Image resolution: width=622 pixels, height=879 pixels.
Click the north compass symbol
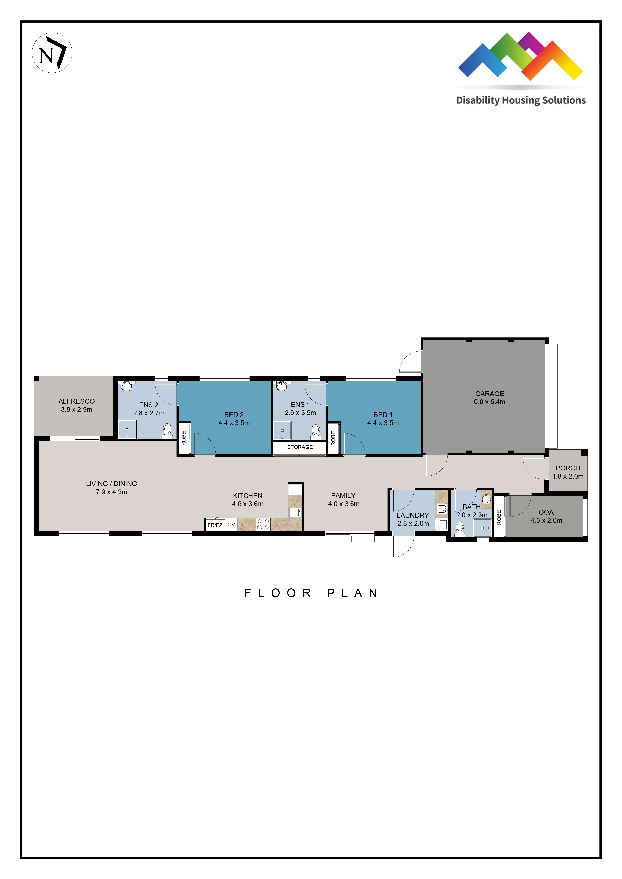(x=52, y=53)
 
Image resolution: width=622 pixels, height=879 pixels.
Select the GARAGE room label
(x=490, y=394)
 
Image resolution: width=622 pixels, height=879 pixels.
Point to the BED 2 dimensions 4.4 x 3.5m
(x=234, y=423)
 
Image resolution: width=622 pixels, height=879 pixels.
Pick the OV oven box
(x=231, y=524)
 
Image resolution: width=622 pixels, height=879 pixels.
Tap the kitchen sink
(x=295, y=512)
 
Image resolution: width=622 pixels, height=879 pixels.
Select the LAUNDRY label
(x=412, y=515)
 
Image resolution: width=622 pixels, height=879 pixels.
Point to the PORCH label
(x=568, y=468)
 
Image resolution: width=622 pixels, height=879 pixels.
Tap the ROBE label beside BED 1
(x=333, y=438)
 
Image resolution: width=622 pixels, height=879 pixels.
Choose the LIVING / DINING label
(x=112, y=484)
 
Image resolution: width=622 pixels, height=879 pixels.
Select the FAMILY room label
(x=343, y=495)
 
